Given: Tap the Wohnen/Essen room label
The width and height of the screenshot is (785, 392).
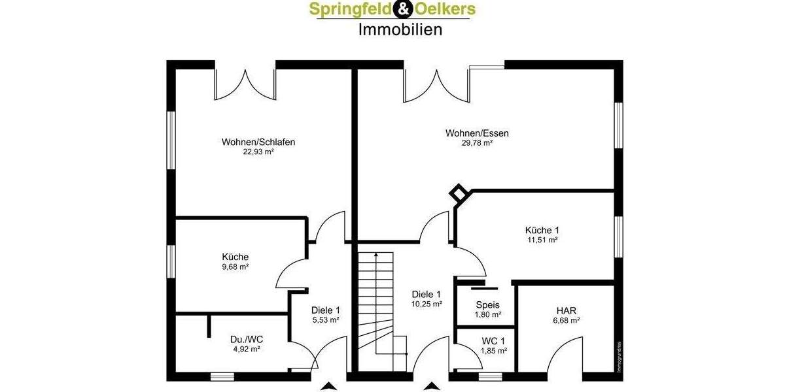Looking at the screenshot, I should [477, 133].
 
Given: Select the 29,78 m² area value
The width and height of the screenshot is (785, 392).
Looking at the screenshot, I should [477, 143].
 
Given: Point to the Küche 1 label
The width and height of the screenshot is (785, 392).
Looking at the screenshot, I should [542, 230].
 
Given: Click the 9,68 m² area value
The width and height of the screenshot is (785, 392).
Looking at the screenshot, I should [235, 267].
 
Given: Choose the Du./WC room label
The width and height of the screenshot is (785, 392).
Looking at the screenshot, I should [247, 339].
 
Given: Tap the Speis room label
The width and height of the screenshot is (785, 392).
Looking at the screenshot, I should [487, 304].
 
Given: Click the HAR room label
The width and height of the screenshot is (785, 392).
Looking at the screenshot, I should [566, 310].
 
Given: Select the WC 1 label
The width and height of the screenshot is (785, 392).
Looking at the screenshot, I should [493, 341].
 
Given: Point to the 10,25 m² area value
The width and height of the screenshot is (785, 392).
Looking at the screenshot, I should [427, 304].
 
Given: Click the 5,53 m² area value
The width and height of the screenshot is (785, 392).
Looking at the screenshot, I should [325, 320].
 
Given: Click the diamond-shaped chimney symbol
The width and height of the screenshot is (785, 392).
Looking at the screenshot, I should [459, 193].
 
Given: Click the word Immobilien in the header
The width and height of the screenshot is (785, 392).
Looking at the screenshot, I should [400, 29].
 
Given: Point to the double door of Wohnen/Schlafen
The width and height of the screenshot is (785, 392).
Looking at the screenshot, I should [245, 85].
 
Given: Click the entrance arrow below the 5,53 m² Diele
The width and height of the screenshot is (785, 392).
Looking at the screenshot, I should [327, 386].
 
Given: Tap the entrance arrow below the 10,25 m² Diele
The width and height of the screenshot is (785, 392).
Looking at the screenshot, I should [430, 386].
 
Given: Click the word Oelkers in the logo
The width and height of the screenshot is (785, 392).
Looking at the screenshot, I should [444, 9].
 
